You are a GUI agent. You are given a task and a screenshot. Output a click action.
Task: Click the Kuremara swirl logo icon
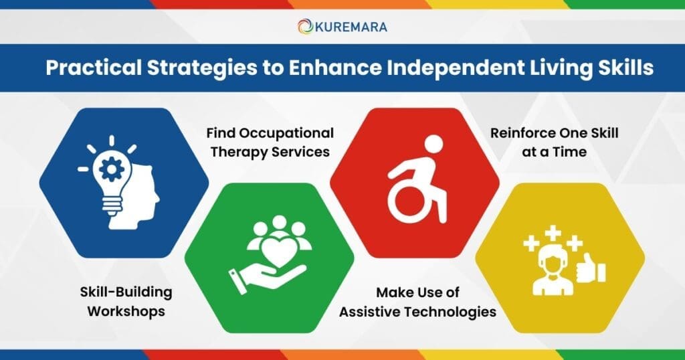(305, 27)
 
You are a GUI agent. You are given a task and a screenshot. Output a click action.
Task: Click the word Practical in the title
(94, 68)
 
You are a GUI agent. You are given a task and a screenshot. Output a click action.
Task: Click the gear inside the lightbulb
(112, 169)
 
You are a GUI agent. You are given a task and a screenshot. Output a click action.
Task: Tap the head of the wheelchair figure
(433, 144)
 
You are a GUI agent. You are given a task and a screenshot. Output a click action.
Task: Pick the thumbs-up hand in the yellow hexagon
(590, 270)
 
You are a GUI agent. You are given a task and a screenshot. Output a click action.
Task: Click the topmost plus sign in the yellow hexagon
(553, 234)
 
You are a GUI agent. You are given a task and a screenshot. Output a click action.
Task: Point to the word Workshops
(126, 312)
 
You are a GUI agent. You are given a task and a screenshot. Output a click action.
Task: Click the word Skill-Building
(126, 292)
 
